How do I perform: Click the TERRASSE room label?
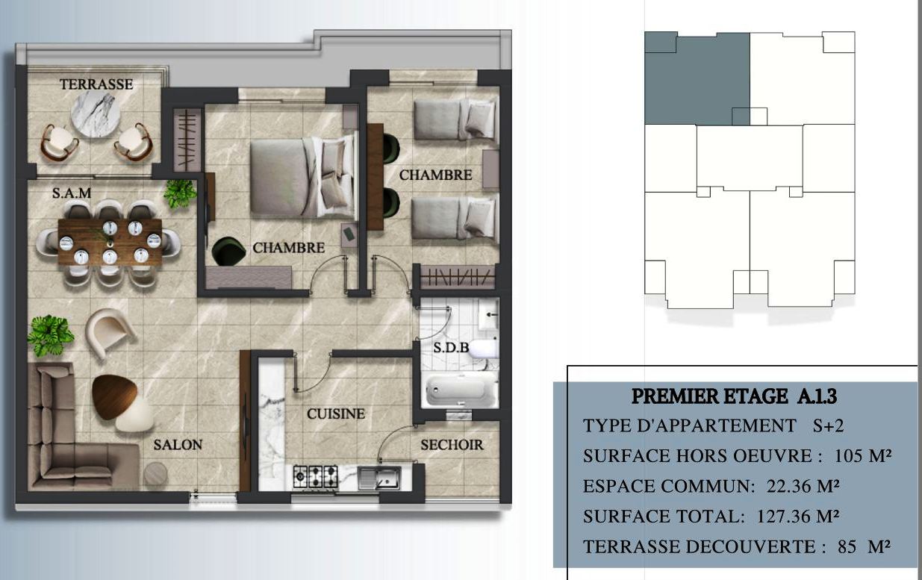click(96, 84)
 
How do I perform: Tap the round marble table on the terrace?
click(96, 114)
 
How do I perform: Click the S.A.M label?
click(72, 193)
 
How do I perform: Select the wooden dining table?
click(110, 243)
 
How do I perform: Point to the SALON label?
click(178, 445)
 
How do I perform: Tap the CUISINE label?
click(336, 414)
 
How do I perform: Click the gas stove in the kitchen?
click(316, 477)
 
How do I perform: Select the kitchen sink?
click(379, 478)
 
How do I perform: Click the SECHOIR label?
click(452, 445)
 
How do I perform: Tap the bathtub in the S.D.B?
click(456, 389)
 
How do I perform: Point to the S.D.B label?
click(451, 348)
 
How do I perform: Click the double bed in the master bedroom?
click(302, 176)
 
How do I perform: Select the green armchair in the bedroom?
click(228, 251)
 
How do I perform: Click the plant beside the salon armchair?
click(51, 335)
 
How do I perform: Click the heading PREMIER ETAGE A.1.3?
click(735, 396)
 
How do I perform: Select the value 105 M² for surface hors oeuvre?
click(863, 455)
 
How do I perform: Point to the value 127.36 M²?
click(798, 517)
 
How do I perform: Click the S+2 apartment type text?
click(828, 425)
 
